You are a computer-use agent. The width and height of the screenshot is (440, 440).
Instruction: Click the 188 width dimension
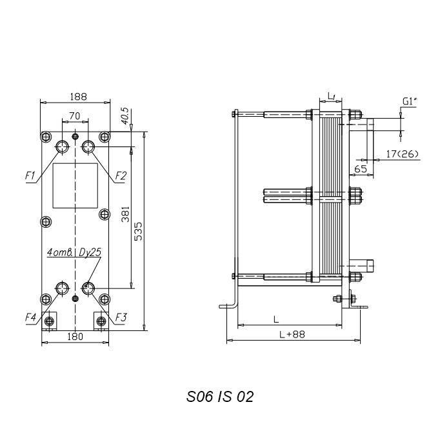tap(79, 97)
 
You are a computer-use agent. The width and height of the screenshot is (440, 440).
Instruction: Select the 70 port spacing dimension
tap(75, 115)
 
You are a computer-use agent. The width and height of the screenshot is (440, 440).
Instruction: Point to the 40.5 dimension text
tap(125, 116)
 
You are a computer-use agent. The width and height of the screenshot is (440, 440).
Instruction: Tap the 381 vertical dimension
tap(125, 214)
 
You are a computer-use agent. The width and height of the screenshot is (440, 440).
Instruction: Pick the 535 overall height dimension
tap(138, 232)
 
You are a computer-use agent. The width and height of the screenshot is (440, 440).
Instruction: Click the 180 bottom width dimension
tap(75, 336)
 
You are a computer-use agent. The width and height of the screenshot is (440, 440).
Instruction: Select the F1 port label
tap(30, 176)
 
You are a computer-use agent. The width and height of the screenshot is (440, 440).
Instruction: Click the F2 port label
tap(121, 176)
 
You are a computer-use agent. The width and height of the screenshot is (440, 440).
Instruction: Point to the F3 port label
tap(121, 317)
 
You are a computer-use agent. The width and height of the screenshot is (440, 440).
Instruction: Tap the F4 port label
tap(30, 317)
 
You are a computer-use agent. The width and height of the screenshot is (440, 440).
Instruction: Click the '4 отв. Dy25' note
tap(74, 252)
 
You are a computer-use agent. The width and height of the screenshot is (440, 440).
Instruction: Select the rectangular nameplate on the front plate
tap(75, 186)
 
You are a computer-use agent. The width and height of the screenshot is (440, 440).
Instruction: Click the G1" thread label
tap(410, 101)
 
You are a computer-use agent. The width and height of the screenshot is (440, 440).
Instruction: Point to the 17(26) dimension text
tap(403, 154)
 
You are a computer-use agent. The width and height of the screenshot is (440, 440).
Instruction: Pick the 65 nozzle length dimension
tap(361, 169)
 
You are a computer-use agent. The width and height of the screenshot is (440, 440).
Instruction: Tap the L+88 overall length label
tap(292, 334)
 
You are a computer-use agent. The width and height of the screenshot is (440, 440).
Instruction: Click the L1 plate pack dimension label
tap(332, 96)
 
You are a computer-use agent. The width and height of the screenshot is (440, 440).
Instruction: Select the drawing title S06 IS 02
tap(220, 397)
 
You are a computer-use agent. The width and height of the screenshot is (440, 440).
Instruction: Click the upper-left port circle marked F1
tap(63, 146)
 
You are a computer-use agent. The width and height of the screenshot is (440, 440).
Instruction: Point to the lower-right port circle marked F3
tap(88, 288)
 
